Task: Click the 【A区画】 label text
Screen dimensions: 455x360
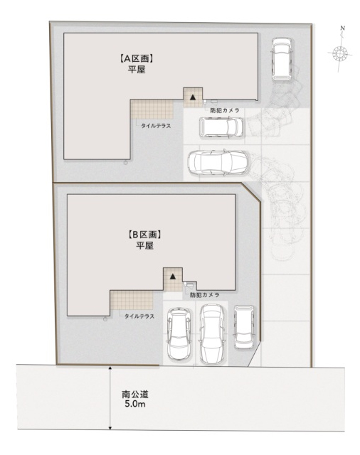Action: pos(137,60)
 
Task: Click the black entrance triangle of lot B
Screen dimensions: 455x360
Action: pos(171,277)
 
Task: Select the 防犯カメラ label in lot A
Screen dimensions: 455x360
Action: pos(224,111)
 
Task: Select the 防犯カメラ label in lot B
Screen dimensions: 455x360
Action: pos(204,294)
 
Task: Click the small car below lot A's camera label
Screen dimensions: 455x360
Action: pos(221,127)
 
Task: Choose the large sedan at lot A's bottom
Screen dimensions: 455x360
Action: pos(217,163)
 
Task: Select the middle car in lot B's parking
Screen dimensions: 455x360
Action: pos(211,334)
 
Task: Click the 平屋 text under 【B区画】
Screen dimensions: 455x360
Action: pos(145,245)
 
